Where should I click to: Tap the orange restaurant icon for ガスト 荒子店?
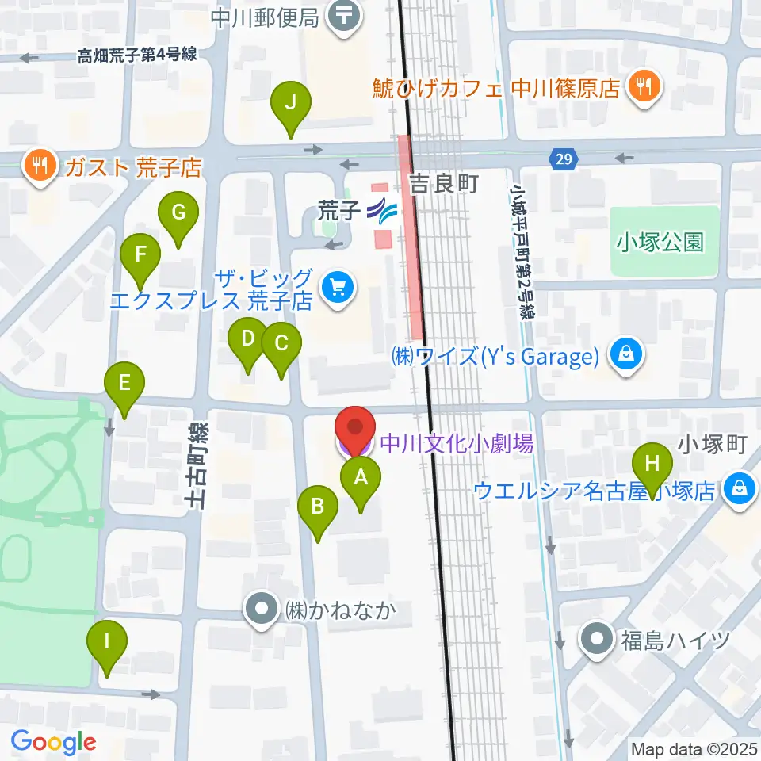38,166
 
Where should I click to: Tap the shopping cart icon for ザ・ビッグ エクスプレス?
338,288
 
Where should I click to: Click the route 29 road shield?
562,160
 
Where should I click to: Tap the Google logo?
53,742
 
